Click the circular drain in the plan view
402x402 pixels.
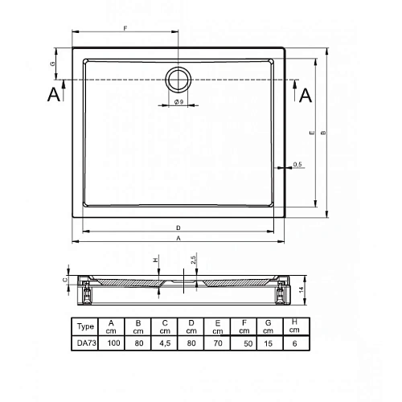[x=178, y=67]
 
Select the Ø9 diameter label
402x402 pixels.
[x=178, y=102]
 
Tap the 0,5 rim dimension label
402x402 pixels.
[x=297, y=164]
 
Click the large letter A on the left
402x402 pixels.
[x=54, y=95]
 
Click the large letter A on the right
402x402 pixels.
[x=306, y=96]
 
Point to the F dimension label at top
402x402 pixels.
[x=125, y=28]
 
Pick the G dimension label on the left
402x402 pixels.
[x=53, y=64]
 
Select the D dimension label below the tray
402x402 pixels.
[x=178, y=228]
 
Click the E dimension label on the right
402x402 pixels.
[x=312, y=133]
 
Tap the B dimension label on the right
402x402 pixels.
[x=324, y=133]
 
